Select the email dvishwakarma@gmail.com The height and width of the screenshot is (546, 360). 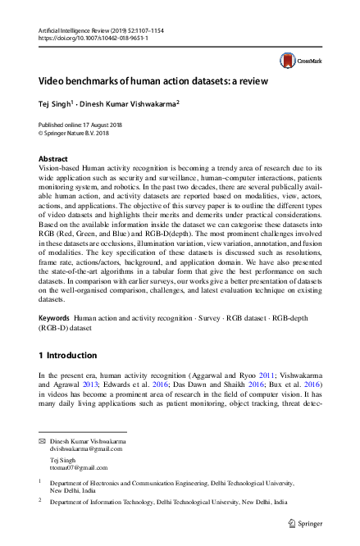(x=86, y=449)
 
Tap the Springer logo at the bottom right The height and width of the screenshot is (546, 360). (x=303, y=522)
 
